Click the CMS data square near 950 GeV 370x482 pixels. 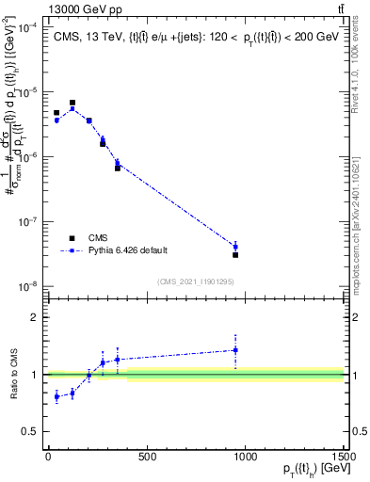point(235,254)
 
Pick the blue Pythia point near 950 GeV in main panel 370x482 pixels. point(235,247)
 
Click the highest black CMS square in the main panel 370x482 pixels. point(72,103)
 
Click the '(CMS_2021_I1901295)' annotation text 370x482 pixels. point(195,281)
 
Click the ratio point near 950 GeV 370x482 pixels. point(235,350)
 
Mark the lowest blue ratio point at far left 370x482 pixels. point(56,396)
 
